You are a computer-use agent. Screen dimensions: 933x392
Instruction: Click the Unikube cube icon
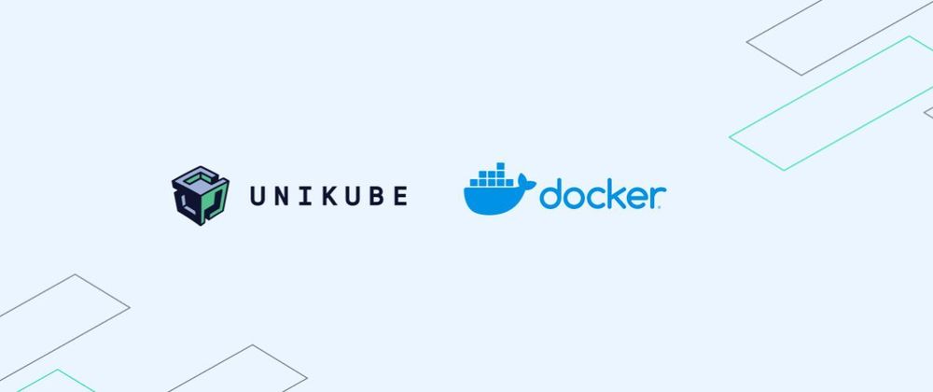coord(200,196)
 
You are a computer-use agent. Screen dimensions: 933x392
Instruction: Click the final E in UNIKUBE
coord(400,196)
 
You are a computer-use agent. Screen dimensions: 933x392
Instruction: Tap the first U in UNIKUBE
coord(258,196)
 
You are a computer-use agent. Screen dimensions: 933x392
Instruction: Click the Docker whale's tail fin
coord(526,181)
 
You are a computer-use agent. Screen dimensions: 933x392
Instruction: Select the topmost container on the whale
coord(500,166)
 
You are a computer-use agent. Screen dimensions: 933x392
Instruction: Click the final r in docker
coord(657,198)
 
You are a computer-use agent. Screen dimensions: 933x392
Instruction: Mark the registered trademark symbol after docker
coord(664,205)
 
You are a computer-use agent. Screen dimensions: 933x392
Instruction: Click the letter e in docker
coord(636,198)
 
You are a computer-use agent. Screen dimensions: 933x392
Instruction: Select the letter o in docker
coord(573,198)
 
